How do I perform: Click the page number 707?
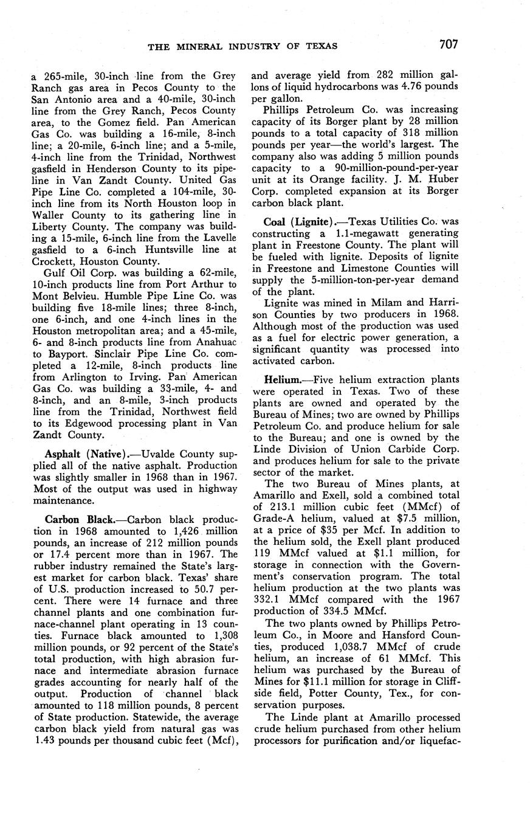pos(446,44)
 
